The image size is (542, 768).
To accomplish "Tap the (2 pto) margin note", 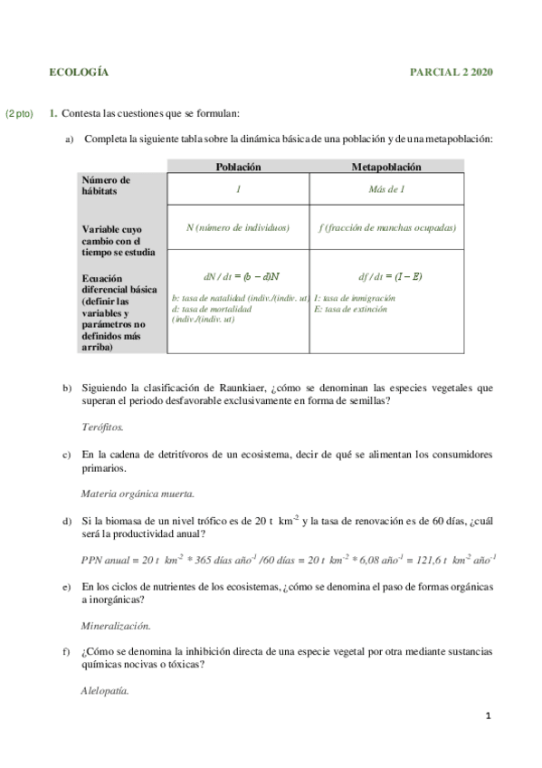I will pyautogui.click(x=19, y=113).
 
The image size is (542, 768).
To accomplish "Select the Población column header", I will pyautogui.click(x=238, y=167).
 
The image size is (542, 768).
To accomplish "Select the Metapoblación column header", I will pyautogui.click(x=386, y=167).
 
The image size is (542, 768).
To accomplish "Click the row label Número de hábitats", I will pyautogui.click(x=106, y=186).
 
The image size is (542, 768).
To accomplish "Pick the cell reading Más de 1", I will pyautogui.click(x=386, y=189).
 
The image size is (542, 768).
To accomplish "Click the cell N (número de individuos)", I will pyautogui.click(x=238, y=228).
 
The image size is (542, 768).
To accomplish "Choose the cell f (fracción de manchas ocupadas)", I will pyautogui.click(x=386, y=228).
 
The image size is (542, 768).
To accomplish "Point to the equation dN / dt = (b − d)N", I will pyautogui.click(x=238, y=276).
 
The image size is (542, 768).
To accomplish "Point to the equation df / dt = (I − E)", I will pyautogui.click(x=390, y=276).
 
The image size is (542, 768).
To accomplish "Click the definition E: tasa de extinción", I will pyautogui.click(x=350, y=309).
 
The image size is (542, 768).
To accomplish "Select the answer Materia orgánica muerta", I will pyautogui.click(x=137, y=494).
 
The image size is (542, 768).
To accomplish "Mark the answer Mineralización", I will pyautogui.click(x=116, y=625).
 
